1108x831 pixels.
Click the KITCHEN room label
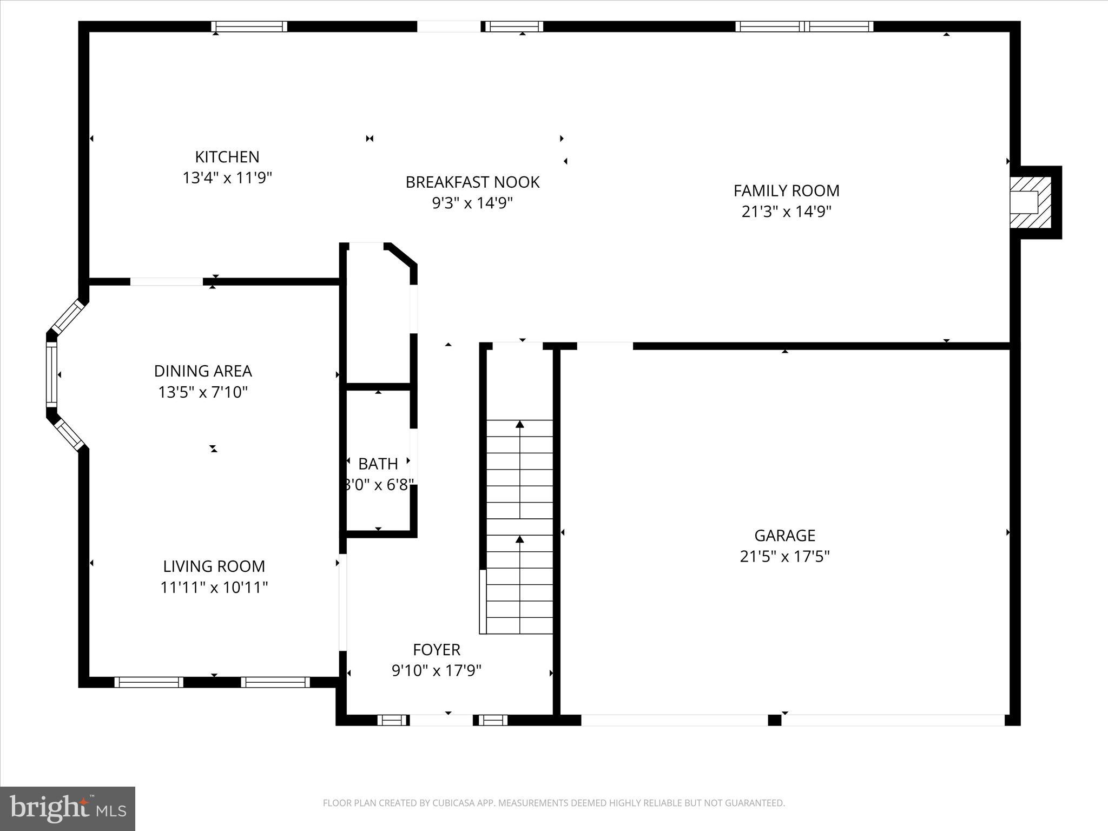[x=227, y=157]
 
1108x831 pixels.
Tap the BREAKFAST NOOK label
[x=472, y=182]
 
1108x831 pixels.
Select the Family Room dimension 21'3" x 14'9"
[x=786, y=212]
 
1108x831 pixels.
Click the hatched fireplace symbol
[x=1031, y=202]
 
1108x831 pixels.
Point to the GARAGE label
[x=784, y=535]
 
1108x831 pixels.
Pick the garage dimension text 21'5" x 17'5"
[x=784, y=556]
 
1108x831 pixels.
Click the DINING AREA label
[x=203, y=371]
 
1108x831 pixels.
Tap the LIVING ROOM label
[x=214, y=566]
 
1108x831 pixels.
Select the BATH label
[x=378, y=464]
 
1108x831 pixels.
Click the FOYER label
[x=436, y=650]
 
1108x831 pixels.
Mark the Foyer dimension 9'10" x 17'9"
[x=436, y=671]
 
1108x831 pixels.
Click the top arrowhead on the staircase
[x=520, y=424]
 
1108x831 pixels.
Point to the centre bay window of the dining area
[x=51, y=374]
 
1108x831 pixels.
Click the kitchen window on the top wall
[x=249, y=27]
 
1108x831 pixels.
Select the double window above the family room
[x=804, y=27]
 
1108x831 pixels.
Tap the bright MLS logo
[x=68, y=809]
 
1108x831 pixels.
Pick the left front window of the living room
[x=149, y=682]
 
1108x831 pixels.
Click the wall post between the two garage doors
[x=775, y=720]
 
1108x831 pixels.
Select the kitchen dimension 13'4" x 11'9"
[x=227, y=178]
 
